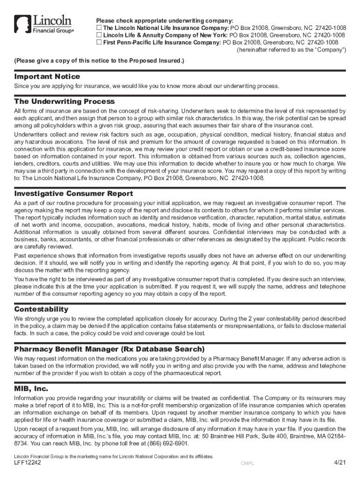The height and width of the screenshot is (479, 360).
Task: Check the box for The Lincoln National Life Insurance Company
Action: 99,28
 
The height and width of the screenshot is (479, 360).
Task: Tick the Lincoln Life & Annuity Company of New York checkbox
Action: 99,35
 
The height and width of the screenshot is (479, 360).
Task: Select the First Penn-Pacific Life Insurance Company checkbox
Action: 99,42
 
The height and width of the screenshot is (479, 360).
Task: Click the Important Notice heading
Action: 47,76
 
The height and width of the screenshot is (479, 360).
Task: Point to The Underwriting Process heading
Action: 65,102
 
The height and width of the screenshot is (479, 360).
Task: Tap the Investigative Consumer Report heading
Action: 73,193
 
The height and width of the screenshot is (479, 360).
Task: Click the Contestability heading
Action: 41,309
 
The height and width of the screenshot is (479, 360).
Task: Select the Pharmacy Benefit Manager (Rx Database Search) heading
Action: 109,349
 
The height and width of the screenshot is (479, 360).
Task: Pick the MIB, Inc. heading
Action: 31,389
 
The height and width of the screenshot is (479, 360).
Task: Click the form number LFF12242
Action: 28,463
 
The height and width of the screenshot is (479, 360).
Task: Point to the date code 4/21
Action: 339,463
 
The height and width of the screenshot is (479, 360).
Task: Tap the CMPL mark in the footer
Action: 247,464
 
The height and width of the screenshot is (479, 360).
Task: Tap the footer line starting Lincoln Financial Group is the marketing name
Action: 114,456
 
